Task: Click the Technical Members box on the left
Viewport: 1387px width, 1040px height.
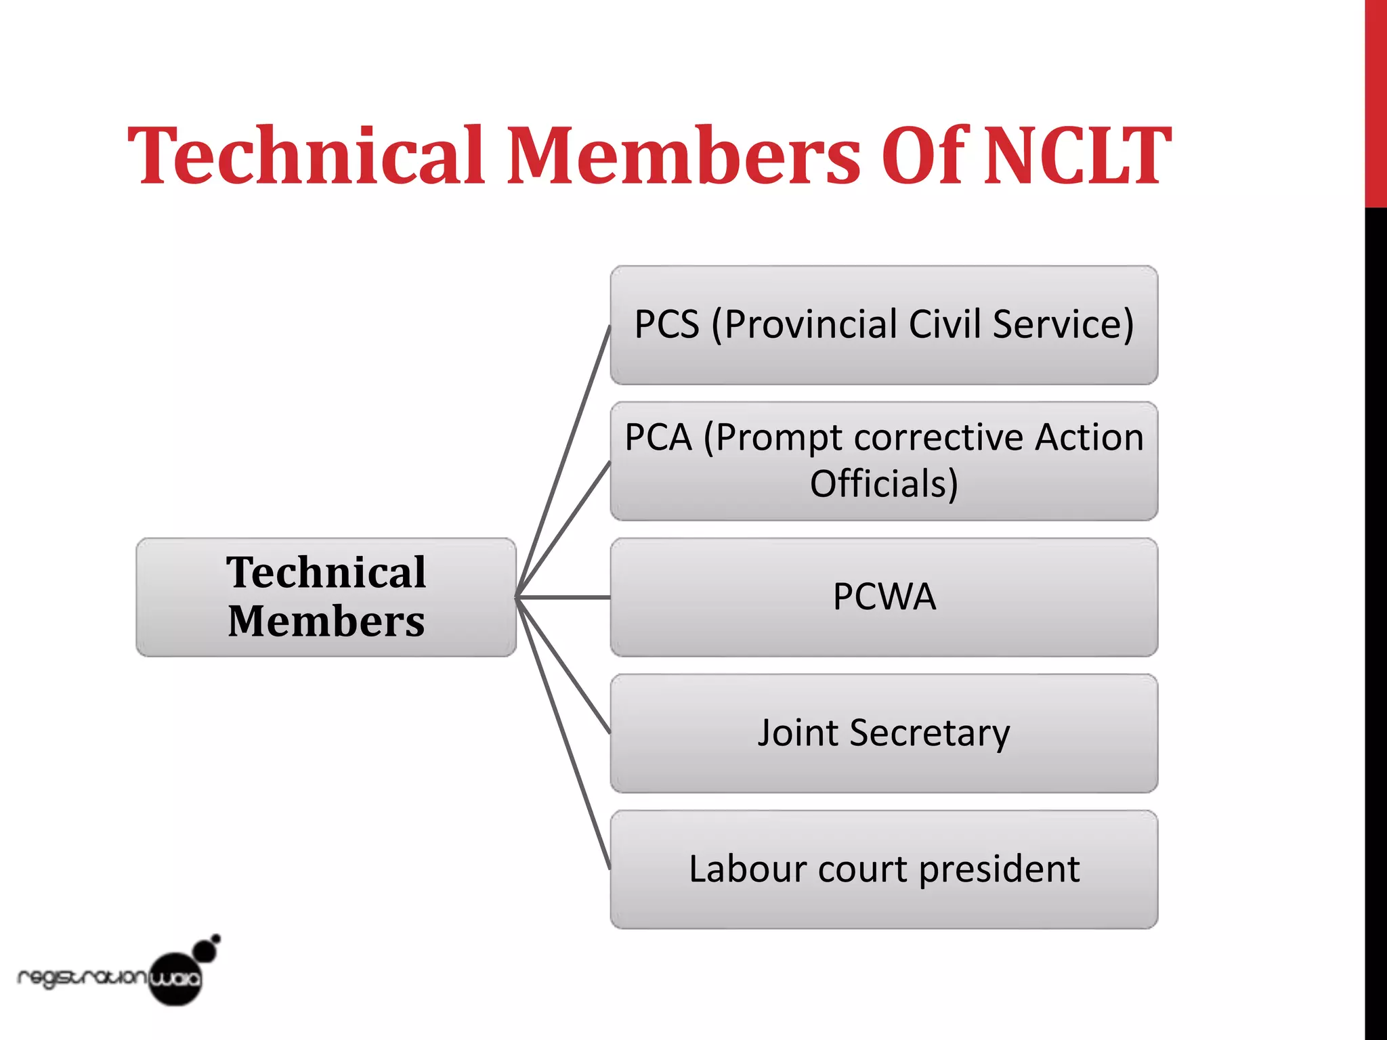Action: tap(326, 597)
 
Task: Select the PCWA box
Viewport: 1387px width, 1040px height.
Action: tap(884, 597)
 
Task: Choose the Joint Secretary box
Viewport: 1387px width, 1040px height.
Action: tap(884, 733)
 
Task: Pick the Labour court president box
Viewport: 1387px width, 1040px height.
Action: tap(884, 869)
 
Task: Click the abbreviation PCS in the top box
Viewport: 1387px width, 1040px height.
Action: tap(666, 324)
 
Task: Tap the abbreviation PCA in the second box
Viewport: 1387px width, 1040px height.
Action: tap(658, 437)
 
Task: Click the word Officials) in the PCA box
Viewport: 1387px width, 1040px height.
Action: tap(884, 483)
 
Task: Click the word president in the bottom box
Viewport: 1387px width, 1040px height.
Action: tap(999, 869)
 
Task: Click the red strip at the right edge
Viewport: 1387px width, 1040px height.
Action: tap(1375, 102)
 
